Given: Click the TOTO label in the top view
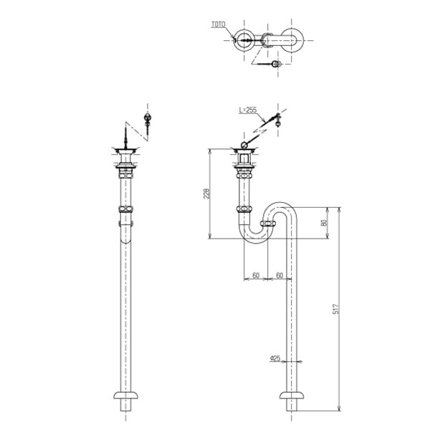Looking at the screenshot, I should pos(218,24).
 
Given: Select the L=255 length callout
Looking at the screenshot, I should pos(248,110).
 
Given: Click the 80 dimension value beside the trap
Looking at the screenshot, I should pos(323,223).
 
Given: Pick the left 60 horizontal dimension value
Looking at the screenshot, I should pos(256,275).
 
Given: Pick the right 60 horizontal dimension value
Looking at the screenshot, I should pos(279,275).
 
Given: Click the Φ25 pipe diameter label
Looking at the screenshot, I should pos(275,358).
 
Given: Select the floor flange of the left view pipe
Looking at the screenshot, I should pos(127,396).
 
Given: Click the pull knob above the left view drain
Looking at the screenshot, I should pos(148,118).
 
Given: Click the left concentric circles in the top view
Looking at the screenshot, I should pos(245,41).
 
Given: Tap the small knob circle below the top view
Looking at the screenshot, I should pos(276,64).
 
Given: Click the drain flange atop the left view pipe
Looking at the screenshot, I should pos(127,151).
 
